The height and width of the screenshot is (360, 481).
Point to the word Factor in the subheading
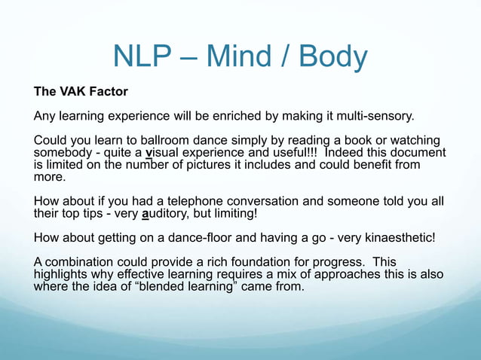click(x=109, y=93)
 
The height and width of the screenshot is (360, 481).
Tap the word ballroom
click(x=171, y=141)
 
